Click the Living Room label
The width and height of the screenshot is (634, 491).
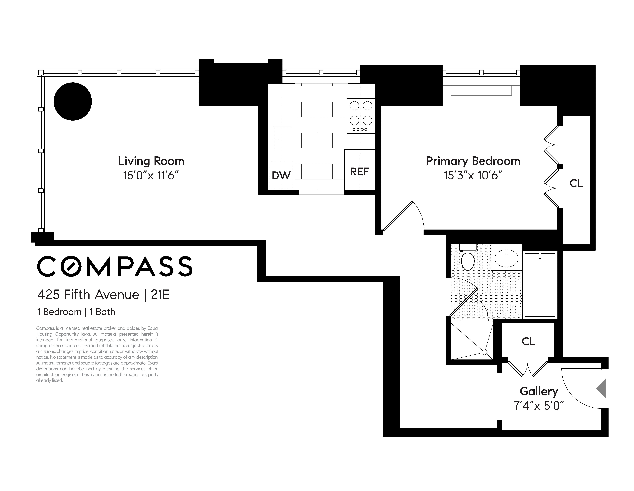click(x=151, y=161)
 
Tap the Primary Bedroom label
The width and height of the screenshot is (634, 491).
click(x=473, y=161)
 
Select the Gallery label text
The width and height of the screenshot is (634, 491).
click(x=539, y=392)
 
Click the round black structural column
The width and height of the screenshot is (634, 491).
click(x=73, y=101)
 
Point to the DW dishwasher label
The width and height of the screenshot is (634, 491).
click(x=281, y=176)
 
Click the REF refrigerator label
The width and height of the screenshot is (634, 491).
click(x=359, y=172)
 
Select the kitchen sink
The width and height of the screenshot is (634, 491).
click(x=282, y=139)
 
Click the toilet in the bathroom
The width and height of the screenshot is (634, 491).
click(x=468, y=260)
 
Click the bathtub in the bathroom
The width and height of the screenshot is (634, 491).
click(x=540, y=285)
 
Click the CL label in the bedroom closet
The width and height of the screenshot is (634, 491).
click(x=576, y=183)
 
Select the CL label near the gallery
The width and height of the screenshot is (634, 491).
click(x=528, y=342)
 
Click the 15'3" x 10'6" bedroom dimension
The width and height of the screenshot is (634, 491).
click(x=473, y=176)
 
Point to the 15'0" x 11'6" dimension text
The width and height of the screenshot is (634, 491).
click(x=151, y=176)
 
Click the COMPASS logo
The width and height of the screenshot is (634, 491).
click(x=115, y=266)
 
